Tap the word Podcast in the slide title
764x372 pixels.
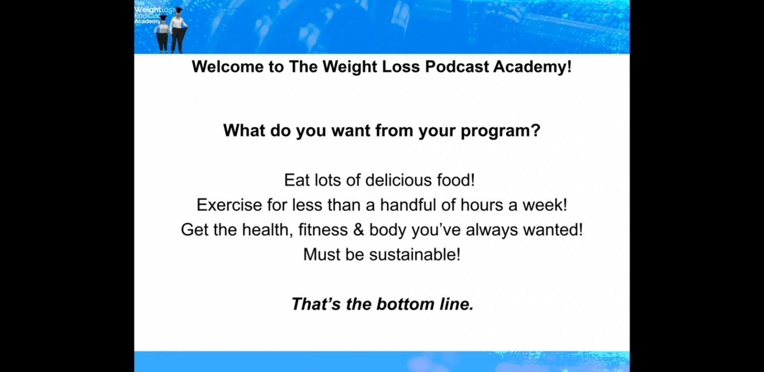coord(457,67)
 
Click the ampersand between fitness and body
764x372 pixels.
coord(358,230)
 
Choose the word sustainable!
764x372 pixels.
coord(415,255)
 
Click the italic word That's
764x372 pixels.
coord(316,304)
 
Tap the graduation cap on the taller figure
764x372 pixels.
coord(179,10)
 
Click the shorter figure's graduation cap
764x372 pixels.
coord(163,18)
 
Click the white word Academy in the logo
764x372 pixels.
coord(147,21)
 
